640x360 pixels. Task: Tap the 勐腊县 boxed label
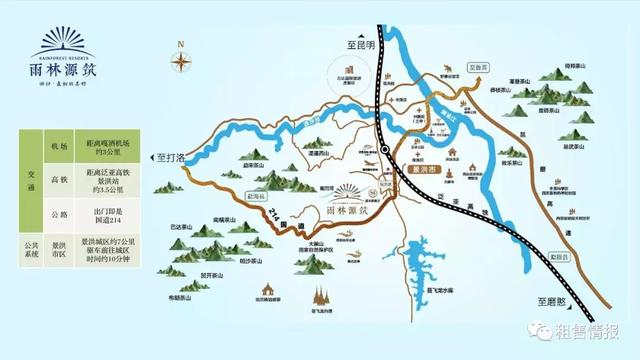(x=556, y=258)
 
